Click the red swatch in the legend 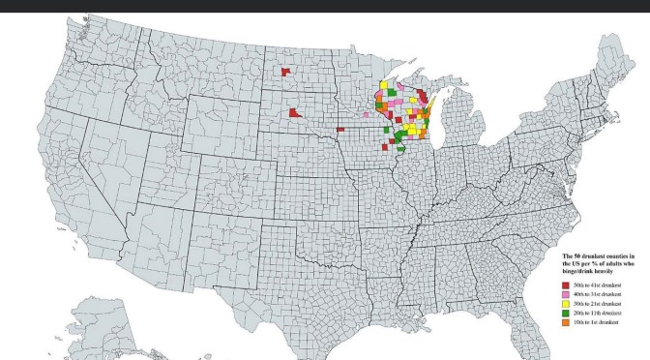pos(564,285)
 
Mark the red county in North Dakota pos(285,72)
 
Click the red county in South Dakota pos(294,113)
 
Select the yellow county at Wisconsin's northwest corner pos(384,86)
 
